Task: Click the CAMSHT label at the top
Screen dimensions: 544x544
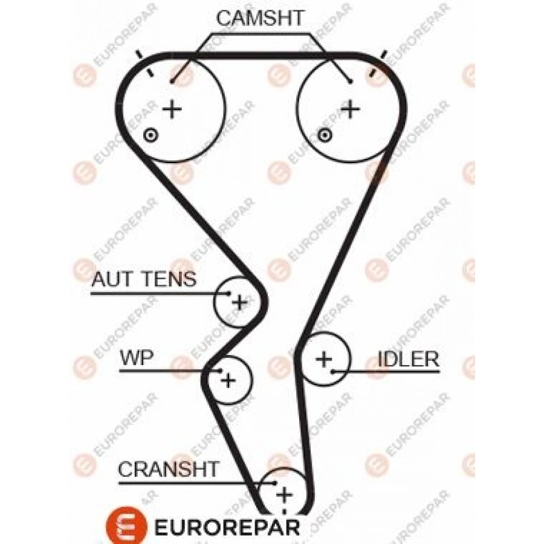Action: [x=260, y=18]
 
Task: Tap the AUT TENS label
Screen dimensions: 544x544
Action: [x=144, y=279]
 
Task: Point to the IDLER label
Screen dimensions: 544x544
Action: [x=408, y=358]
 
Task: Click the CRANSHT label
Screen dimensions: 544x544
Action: [x=169, y=469]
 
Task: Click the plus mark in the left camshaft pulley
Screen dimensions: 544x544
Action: [x=173, y=109]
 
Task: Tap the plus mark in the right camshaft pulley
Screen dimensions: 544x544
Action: [x=349, y=109]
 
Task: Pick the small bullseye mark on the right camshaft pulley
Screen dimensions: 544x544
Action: [x=325, y=135]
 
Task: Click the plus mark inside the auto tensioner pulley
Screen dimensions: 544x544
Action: [x=239, y=302]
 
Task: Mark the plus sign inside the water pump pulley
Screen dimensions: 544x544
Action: [x=228, y=380]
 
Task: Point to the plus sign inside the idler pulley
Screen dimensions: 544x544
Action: [x=324, y=359]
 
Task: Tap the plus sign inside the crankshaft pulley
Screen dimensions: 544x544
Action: [x=283, y=496]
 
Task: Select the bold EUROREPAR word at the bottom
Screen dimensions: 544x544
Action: [x=227, y=526]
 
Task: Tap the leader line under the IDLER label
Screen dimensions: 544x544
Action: [x=393, y=372]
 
